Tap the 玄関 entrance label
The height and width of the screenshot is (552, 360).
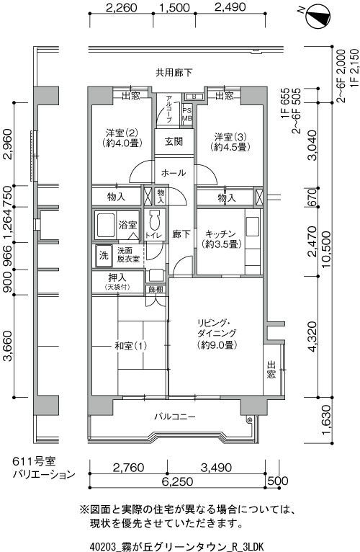[x=174, y=141]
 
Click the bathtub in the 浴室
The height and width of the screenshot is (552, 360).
[x=105, y=226]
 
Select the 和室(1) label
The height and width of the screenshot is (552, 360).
[x=130, y=346]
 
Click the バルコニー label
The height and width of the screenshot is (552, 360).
[x=174, y=417]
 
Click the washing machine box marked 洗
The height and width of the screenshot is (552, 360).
[x=104, y=256]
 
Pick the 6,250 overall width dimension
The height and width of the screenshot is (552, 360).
[x=177, y=481]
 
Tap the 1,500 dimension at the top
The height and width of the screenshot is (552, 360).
[x=174, y=7]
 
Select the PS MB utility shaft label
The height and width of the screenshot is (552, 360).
[x=187, y=115]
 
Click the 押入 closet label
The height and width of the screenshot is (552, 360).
[x=117, y=278]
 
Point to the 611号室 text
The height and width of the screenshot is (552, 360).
[x=34, y=461]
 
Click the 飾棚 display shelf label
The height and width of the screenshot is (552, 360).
[x=156, y=290]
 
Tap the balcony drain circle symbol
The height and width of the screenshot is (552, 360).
[x=250, y=419]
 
